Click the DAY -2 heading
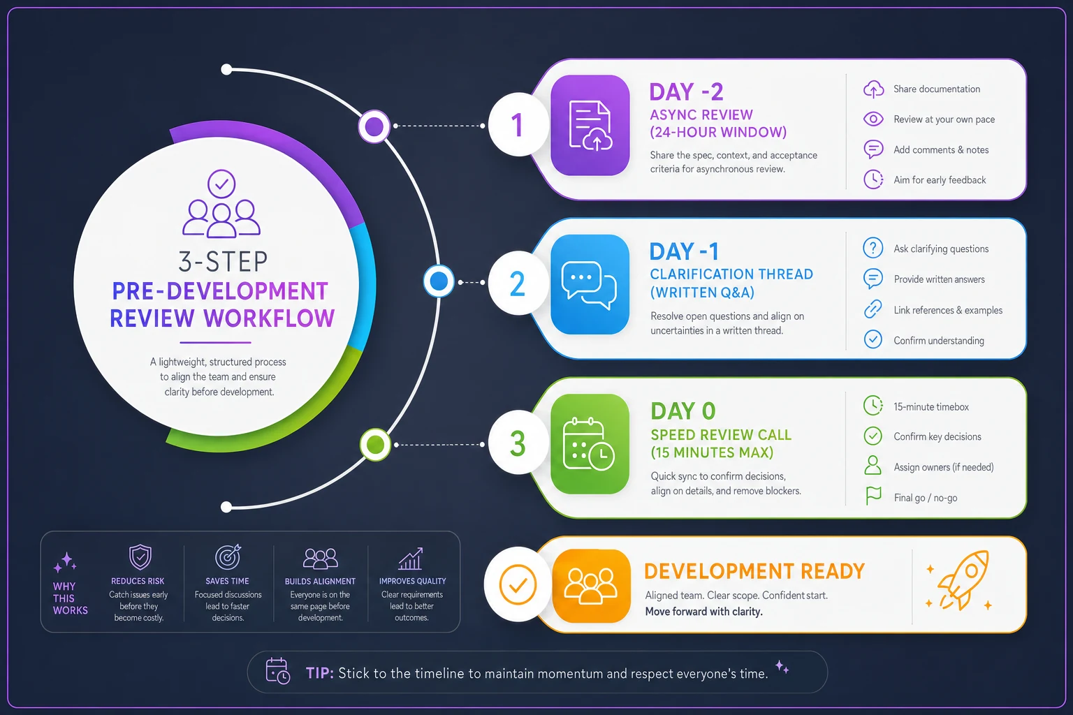pyautogui.click(x=686, y=92)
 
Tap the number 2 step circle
pyautogui.click(x=518, y=283)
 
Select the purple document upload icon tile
pyautogui.click(x=590, y=125)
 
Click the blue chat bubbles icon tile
pyautogui.click(x=590, y=284)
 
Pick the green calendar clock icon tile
pyautogui.click(x=590, y=444)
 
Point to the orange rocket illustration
pyautogui.click(x=960, y=580)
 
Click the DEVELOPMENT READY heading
pyautogui.click(x=754, y=571)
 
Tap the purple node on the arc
pyautogui.click(x=374, y=126)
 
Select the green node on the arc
pyautogui.click(x=375, y=444)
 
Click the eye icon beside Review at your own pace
pyautogui.click(x=873, y=119)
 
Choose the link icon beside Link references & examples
pyautogui.click(x=873, y=309)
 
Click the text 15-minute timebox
pyautogui.click(x=930, y=406)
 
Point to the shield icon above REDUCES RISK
pyautogui.click(x=140, y=557)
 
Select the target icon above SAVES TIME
pyautogui.click(x=228, y=556)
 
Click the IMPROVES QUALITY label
pyautogui.click(x=412, y=581)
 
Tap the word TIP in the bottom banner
pyautogui.click(x=319, y=673)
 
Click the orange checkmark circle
pyautogui.click(x=518, y=584)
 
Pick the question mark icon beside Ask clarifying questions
pyautogui.click(x=873, y=248)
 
